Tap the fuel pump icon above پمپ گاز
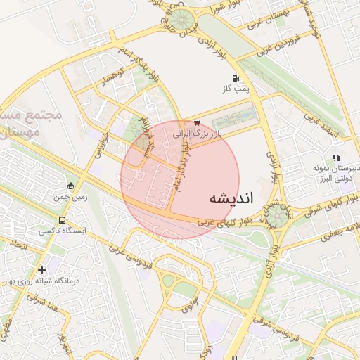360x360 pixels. click(x=235, y=78)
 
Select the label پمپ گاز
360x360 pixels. click(x=237, y=89)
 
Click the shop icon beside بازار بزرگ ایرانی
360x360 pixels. click(x=197, y=122)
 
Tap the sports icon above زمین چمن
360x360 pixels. click(x=70, y=186)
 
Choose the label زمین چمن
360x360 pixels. click(x=71, y=198)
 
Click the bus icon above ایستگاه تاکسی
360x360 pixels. click(x=63, y=221)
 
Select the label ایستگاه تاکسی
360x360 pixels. click(x=60, y=231)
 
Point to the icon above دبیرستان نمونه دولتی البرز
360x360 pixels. click(x=336, y=157)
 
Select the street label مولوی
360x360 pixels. click(x=186, y=307)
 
